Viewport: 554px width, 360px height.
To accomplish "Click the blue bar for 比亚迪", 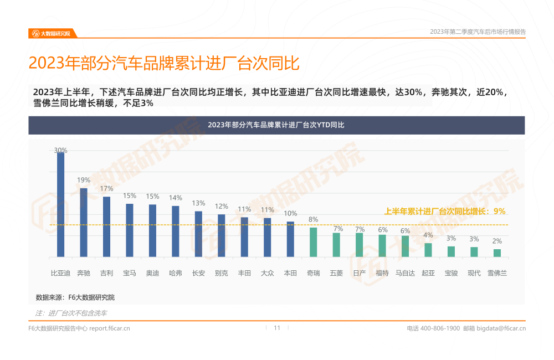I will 61,204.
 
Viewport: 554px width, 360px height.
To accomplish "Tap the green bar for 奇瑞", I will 313,242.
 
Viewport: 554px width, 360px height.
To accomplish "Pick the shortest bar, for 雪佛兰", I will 497,253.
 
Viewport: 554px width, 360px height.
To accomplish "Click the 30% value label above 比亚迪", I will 61,150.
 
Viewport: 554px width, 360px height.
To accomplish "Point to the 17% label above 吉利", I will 107,189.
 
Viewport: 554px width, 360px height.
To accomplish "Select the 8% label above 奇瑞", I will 313,220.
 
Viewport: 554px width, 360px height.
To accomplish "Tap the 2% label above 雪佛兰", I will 497,241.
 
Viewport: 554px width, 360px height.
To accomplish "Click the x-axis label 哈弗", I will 175,273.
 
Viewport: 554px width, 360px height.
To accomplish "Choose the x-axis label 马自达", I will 405,273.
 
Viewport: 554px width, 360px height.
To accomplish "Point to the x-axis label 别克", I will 221,273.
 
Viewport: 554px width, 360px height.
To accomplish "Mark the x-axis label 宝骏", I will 451,273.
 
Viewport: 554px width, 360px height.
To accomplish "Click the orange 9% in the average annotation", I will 499,211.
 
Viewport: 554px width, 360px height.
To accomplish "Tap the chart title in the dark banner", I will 276,125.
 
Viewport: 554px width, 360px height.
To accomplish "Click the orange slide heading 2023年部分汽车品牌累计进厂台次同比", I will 164,63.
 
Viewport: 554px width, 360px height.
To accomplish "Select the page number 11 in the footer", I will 277,328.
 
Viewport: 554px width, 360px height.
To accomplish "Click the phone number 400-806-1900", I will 440,328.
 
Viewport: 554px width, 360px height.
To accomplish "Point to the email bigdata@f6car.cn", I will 501,328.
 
